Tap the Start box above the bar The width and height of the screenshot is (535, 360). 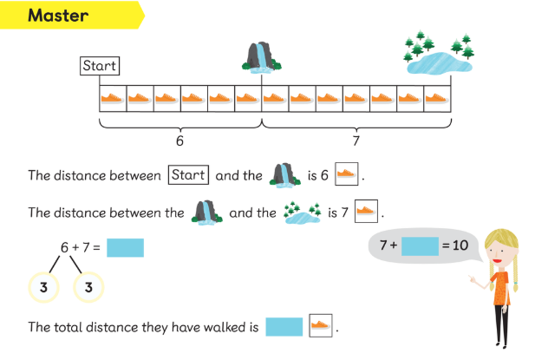tap(99, 66)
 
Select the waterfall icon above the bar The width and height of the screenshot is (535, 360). tap(261, 56)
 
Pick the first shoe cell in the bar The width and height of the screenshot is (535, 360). tap(113, 99)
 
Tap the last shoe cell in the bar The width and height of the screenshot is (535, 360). tap(437, 99)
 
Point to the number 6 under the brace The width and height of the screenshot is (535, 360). tap(179, 140)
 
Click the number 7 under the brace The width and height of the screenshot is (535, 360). tap(356, 140)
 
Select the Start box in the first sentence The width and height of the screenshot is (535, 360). tap(189, 175)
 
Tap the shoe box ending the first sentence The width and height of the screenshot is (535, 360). tap(345, 174)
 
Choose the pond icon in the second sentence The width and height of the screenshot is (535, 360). tap(303, 211)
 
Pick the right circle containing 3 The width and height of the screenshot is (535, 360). tap(88, 286)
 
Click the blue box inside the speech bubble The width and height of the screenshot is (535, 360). tap(420, 245)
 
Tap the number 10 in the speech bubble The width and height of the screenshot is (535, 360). tap(460, 245)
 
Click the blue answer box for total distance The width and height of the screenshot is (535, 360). tap(284, 327)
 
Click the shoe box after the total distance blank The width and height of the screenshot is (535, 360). tap(321, 326)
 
